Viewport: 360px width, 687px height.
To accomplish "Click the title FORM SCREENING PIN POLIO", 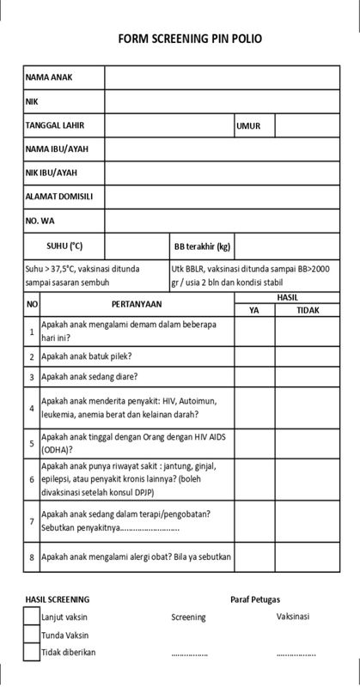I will coord(190,39).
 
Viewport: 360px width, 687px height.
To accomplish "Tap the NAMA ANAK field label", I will coord(49,77).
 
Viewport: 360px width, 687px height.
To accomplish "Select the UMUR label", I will coord(248,125).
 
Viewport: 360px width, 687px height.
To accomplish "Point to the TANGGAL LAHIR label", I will coord(54,125).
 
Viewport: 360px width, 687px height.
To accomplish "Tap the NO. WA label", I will coord(40,221).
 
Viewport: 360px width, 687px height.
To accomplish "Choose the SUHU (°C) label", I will coord(64,246).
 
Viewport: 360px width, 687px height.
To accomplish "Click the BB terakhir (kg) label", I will coord(202,246).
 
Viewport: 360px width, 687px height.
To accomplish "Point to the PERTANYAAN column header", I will coord(137,303).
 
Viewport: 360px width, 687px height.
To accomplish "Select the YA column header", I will coord(254,310).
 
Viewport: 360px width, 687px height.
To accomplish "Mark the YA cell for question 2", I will coord(254,356).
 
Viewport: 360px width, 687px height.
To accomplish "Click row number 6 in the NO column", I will coord(32,479).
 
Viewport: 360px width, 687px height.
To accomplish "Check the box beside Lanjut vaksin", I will coord(32,617).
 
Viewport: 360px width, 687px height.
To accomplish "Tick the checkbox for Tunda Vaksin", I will coord(32,635).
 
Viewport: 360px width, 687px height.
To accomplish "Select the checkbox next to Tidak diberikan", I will coord(32,652).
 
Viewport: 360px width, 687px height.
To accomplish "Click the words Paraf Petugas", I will coord(255,599).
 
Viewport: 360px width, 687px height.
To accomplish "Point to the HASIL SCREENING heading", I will coord(57,599).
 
